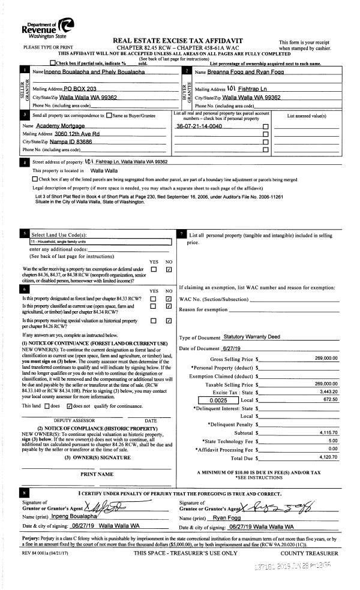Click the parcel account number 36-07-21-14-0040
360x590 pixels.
click(199, 127)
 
